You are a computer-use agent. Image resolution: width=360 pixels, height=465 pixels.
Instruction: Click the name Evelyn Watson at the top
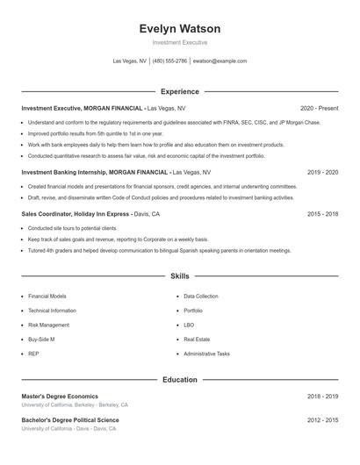(180, 29)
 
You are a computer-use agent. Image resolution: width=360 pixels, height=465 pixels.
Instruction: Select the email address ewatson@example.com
(220, 61)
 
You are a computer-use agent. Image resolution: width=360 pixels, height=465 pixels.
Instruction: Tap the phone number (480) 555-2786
(169, 61)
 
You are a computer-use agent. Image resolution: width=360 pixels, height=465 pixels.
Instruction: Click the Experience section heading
(180, 91)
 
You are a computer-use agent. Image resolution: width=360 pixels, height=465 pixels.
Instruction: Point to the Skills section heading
(180, 276)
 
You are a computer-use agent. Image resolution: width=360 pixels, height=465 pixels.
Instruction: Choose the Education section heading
(180, 380)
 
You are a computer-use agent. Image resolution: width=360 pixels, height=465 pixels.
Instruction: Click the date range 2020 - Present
(319, 107)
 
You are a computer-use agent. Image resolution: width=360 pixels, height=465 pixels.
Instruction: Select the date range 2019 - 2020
(322, 172)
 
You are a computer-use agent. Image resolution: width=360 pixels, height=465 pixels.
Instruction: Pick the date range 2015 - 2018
(322, 213)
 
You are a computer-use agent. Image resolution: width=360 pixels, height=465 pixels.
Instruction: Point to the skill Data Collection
(201, 297)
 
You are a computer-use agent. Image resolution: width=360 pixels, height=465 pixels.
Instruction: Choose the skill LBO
(189, 325)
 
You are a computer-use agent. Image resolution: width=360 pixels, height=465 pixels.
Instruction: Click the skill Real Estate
(198, 339)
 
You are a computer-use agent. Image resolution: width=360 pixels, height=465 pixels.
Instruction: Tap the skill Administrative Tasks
(206, 354)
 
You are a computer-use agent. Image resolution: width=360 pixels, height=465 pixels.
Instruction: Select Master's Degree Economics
(60, 397)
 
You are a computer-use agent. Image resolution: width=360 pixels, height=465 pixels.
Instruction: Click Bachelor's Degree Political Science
(69, 420)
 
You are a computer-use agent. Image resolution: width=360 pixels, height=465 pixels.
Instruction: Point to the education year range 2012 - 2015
(322, 420)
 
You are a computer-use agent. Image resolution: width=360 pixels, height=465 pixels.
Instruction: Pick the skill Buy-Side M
(41, 339)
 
